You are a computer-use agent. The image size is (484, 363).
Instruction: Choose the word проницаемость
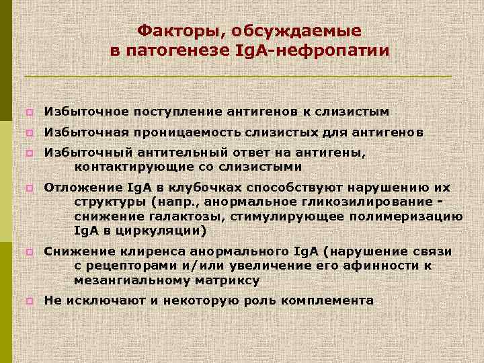click(x=196, y=132)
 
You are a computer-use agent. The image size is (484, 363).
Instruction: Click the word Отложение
click(x=81, y=188)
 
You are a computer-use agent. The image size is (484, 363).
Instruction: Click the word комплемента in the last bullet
click(x=329, y=300)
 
